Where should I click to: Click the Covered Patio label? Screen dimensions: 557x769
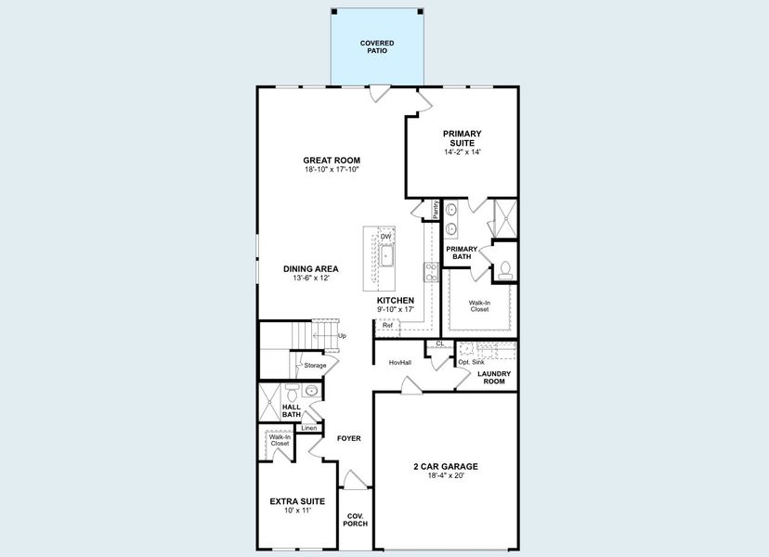(x=377, y=47)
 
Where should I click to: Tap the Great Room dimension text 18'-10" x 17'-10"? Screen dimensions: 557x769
(x=332, y=170)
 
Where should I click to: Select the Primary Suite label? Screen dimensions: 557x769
(x=462, y=138)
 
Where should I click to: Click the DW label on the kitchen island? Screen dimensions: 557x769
(x=384, y=237)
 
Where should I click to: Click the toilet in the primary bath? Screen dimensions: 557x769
(x=505, y=270)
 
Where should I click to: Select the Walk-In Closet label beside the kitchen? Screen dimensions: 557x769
(x=478, y=305)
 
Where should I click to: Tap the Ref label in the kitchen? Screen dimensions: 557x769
(x=387, y=326)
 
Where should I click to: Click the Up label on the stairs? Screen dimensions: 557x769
(x=342, y=335)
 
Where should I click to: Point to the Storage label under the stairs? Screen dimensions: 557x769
(x=315, y=365)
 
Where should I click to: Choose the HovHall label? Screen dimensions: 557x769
(x=399, y=362)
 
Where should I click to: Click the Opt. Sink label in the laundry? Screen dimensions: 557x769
(x=471, y=361)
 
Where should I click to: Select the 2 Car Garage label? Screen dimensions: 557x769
(x=446, y=466)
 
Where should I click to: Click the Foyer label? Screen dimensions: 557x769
(x=348, y=438)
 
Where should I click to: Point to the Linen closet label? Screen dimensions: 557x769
(x=307, y=428)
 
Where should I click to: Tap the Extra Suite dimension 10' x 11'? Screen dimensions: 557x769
(x=297, y=511)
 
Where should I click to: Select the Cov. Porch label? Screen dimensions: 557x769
(x=357, y=520)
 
